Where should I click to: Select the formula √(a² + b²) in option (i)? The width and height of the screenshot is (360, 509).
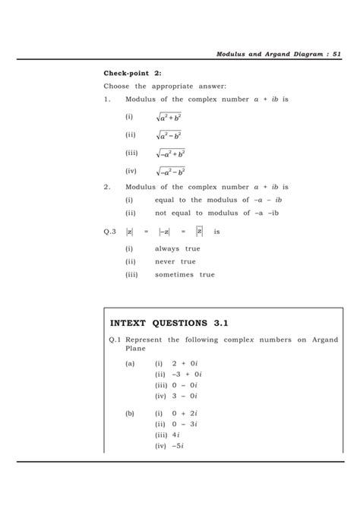[x=169, y=118]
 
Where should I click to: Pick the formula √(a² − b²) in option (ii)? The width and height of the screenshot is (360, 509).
[x=169, y=136]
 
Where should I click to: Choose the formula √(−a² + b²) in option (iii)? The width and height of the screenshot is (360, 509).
[x=170, y=154]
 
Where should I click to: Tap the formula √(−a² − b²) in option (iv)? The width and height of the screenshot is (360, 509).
[x=170, y=172]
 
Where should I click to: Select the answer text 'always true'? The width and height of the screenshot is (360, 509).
[x=178, y=248]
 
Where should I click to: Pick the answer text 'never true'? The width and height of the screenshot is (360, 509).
[x=175, y=261]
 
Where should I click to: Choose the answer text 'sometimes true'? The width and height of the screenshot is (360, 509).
[x=185, y=274]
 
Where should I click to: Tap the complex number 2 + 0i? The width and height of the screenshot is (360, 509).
[x=184, y=364]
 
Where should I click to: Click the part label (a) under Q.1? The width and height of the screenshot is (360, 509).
[x=132, y=364]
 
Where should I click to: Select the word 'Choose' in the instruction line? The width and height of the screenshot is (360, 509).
[x=120, y=87]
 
